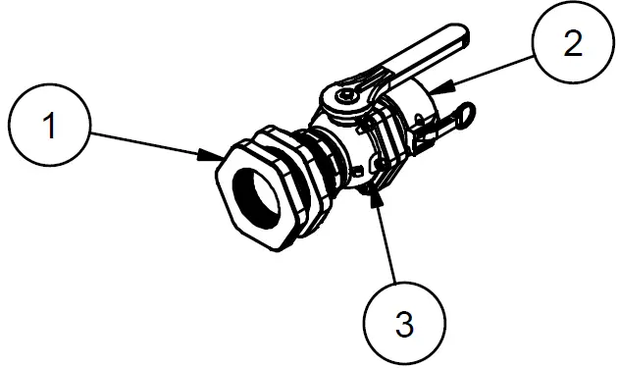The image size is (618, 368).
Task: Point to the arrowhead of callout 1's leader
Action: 219,156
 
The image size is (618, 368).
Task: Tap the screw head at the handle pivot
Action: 346,96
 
